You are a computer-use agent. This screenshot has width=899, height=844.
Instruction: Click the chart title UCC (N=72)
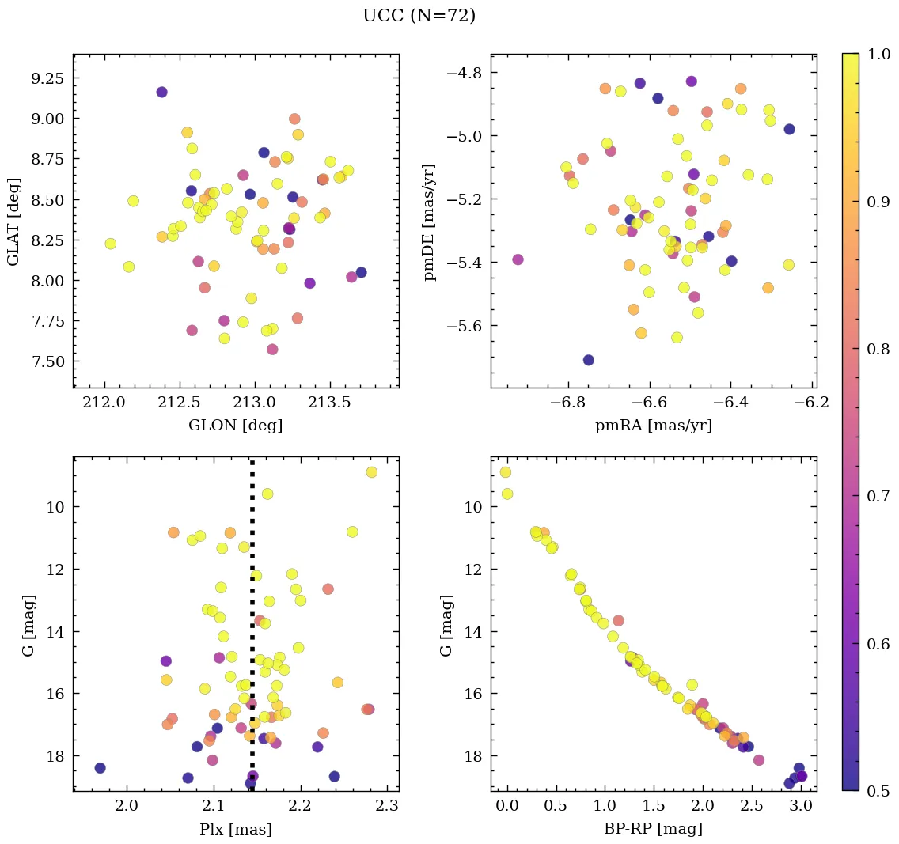coord(419,16)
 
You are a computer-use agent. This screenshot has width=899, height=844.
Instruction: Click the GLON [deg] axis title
coord(235,426)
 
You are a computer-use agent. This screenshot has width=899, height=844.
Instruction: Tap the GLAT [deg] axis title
coord(13,221)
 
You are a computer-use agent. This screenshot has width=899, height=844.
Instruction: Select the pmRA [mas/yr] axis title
coord(653,426)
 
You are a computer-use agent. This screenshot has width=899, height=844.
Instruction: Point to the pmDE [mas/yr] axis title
coord(431,221)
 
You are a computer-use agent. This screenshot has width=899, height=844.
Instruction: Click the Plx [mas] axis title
coord(235,830)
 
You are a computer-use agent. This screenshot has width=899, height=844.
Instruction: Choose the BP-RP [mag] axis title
coord(653,830)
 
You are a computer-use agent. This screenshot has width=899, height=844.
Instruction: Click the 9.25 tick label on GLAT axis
coord(47,78)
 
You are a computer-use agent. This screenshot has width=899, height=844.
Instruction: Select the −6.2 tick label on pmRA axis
coord(813,403)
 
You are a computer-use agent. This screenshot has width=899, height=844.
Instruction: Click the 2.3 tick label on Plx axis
coord(387,808)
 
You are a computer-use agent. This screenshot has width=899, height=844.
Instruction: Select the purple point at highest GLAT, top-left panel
coord(161,93)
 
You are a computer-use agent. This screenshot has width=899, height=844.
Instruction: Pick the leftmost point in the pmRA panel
coord(518,259)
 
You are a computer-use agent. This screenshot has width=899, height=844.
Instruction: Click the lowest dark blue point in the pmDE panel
coord(588,360)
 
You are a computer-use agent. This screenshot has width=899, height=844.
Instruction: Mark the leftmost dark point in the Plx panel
coord(100,768)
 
